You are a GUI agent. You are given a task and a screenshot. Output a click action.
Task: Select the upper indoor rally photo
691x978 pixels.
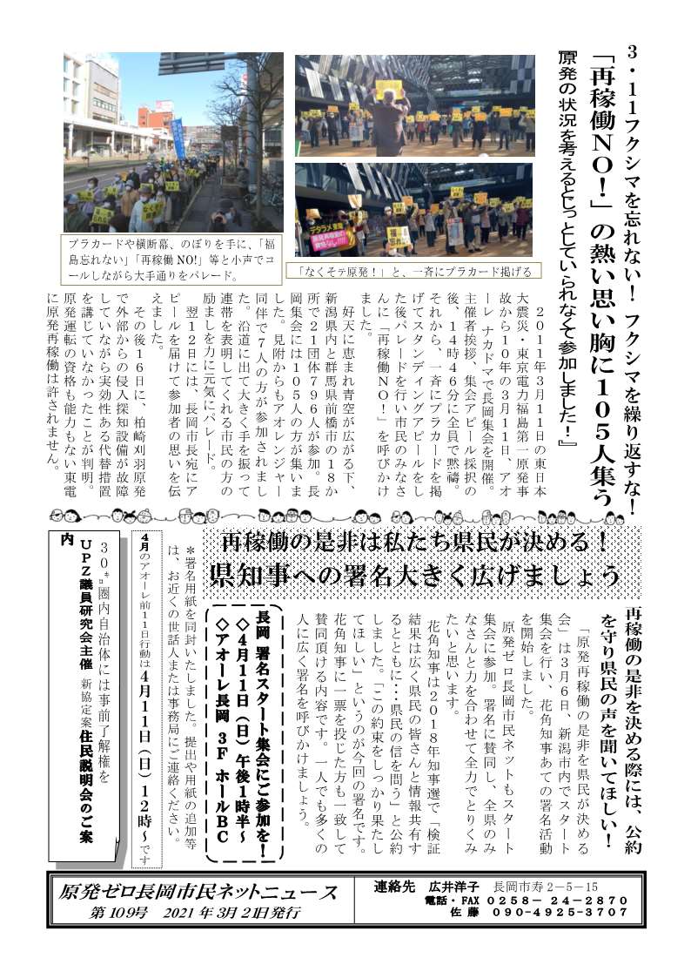(x=414, y=105)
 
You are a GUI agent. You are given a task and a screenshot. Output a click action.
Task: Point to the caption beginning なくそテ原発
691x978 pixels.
(x=406, y=271)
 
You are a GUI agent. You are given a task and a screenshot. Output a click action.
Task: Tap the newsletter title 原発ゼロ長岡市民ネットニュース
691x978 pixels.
(x=198, y=893)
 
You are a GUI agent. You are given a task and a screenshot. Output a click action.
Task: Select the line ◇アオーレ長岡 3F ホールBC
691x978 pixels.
(x=220, y=714)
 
